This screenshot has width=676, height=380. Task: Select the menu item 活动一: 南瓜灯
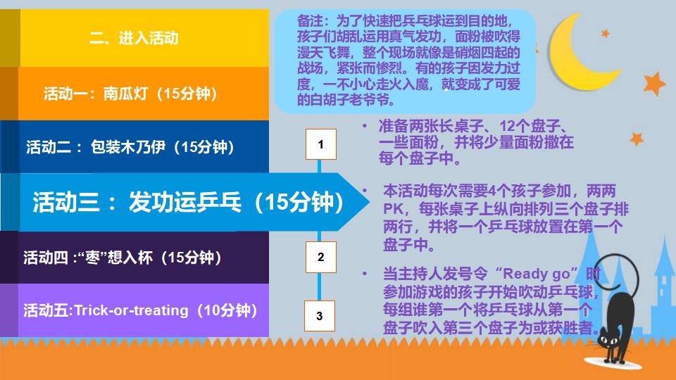(x=130, y=94)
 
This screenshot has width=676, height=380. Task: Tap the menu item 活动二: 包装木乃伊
(x=130, y=147)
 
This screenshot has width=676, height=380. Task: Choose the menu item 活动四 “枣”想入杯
(x=123, y=257)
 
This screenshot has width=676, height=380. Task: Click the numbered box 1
(x=320, y=145)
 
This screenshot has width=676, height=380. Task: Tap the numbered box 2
(x=320, y=257)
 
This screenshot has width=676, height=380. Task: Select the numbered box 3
(x=320, y=316)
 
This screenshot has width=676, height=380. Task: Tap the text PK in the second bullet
(x=392, y=209)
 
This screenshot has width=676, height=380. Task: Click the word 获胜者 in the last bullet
(x=577, y=327)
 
